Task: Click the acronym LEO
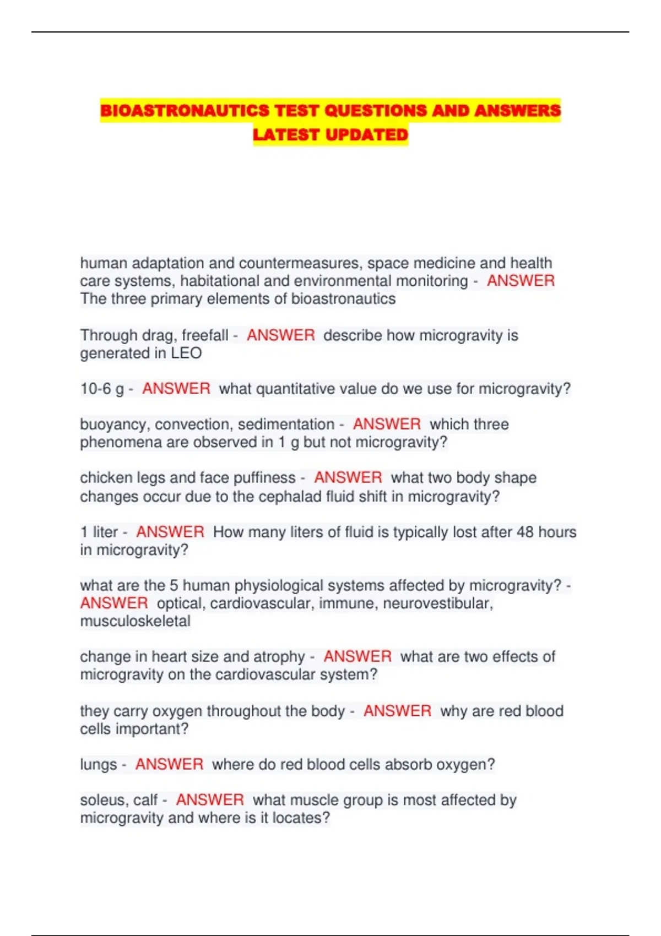click(x=186, y=353)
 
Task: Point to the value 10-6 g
click(x=102, y=389)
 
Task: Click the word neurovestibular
click(x=437, y=603)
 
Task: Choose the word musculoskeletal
click(x=136, y=621)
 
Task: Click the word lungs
click(x=99, y=765)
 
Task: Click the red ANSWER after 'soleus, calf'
click(x=210, y=800)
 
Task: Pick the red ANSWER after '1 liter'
click(x=170, y=532)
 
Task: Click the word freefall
click(x=205, y=335)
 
